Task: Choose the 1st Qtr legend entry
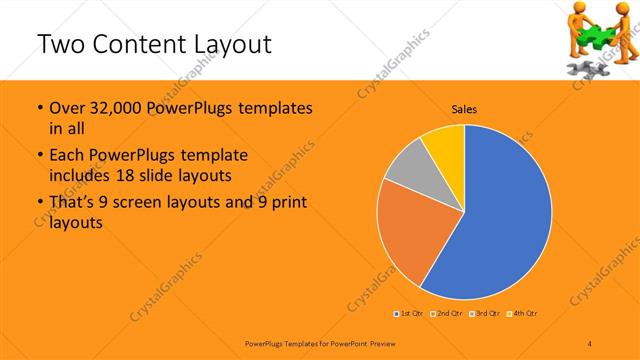click(410, 313)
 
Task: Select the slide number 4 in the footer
click(591, 342)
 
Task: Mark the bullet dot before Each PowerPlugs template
click(39, 156)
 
